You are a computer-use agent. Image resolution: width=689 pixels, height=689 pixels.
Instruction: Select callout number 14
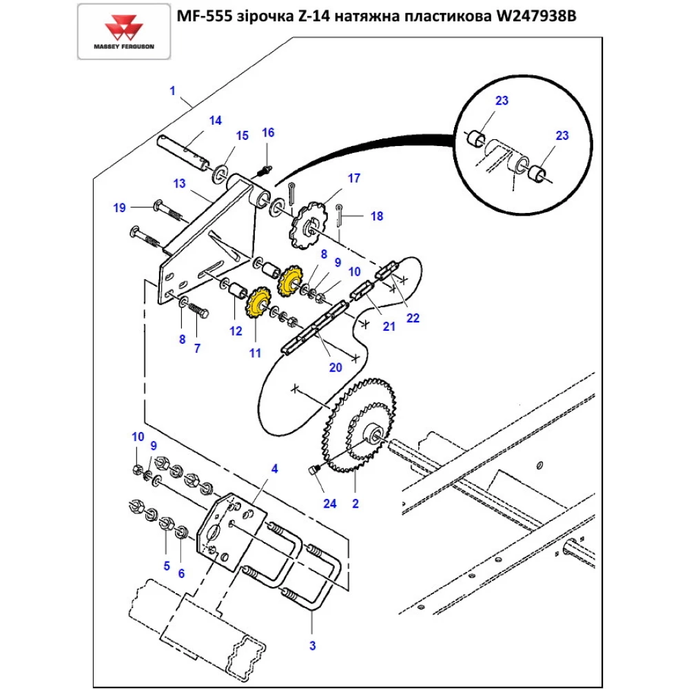point(216,121)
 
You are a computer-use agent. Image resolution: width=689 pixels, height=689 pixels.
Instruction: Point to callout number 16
point(268,132)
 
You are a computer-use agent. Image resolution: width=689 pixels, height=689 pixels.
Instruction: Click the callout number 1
point(173,91)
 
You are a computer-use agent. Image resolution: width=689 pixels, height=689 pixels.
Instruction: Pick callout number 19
point(120,207)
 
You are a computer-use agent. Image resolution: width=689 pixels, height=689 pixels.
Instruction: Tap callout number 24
point(330,504)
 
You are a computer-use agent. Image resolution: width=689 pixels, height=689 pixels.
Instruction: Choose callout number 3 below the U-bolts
point(312,646)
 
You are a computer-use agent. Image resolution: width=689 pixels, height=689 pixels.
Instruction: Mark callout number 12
point(236,331)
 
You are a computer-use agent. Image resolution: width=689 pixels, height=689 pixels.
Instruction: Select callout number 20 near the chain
point(336,367)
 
